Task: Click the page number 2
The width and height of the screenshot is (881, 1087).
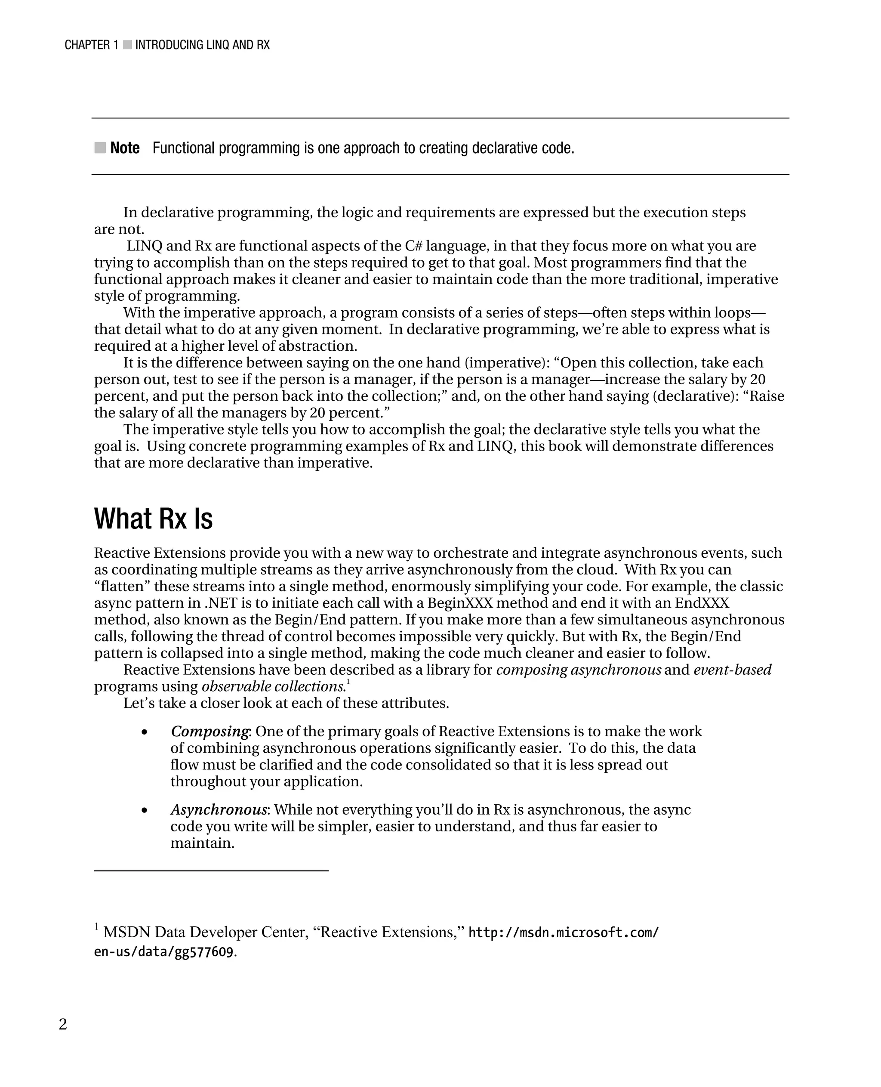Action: (x=63, y=1024)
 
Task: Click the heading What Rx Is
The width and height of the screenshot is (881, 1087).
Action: (x=153, y=519)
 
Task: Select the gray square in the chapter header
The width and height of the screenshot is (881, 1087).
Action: (x=127, y=45)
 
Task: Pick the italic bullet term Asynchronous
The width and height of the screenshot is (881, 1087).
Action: (x=219, y=809)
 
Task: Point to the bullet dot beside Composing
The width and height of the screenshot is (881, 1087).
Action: (x=145, y=732)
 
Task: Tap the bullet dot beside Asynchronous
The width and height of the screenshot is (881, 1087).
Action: (x=145, y=810)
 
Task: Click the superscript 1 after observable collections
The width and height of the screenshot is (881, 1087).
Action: (x=348, y=682)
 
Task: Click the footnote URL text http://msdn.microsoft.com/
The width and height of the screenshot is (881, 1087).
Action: (x=563, y=932)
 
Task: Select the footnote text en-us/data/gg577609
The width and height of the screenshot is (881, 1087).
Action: (x=163, y=952)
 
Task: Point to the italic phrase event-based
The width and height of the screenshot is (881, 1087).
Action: (x=732, y=670)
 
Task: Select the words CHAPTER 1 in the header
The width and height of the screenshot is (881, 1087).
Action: (x=91, y=45)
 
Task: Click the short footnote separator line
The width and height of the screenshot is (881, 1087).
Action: (x=211, y=871)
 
